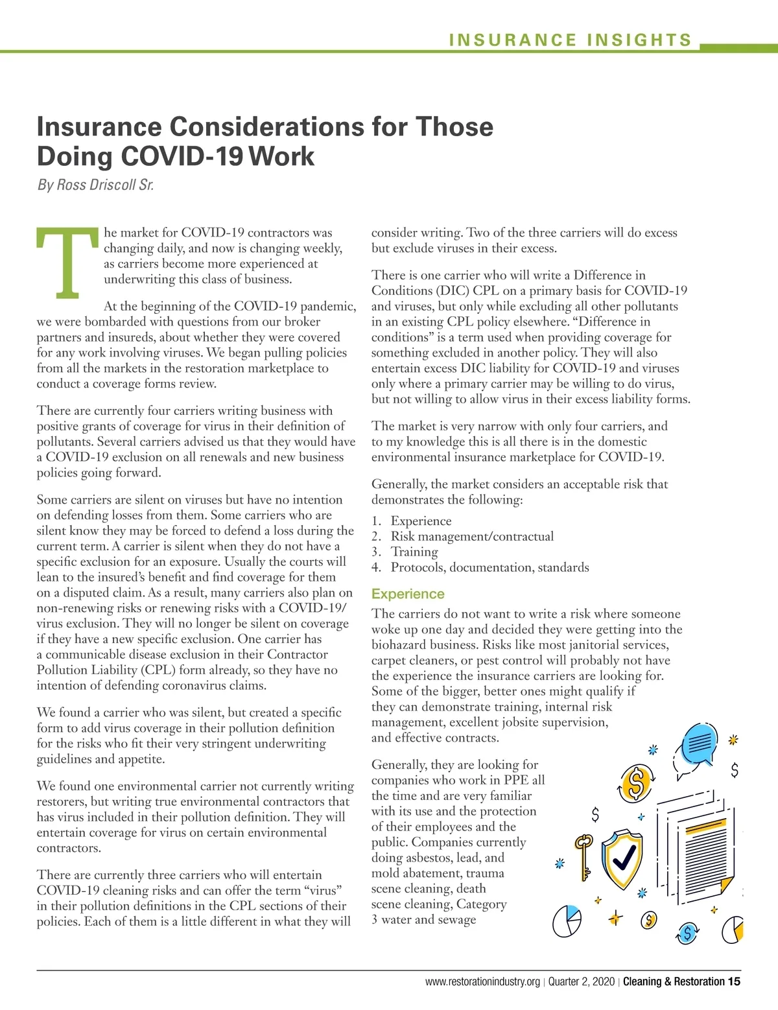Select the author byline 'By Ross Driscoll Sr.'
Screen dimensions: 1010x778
click(95, 185)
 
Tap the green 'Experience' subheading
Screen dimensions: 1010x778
click(408, 594)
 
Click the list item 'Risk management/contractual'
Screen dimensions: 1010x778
click(471, 536)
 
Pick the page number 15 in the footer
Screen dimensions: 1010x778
click(734, 981)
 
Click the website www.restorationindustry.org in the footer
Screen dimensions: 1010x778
click(482, 981)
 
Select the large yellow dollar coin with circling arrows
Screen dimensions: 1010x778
click(637, 784)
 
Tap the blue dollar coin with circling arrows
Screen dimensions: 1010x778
click(688, 934)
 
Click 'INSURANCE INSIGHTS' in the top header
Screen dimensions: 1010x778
click(571, 40)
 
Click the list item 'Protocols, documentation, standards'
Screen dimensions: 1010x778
click(489, 567)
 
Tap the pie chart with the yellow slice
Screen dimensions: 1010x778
click(733, 930)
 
